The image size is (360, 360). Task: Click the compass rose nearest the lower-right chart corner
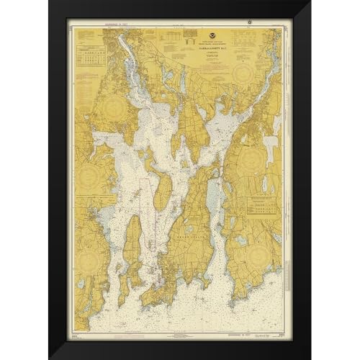[256, 251]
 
